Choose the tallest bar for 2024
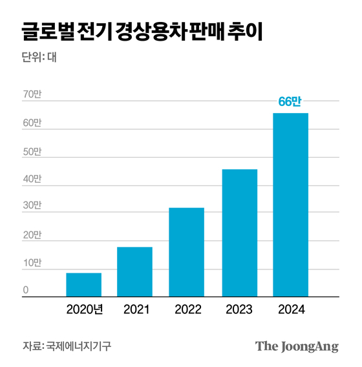tap(290, 204)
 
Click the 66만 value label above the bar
tap(290, 101)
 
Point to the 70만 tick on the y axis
tap(32, 95)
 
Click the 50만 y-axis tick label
tap(32, 152)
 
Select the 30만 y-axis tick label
tap(32, 206)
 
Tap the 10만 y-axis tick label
tap(32, 263)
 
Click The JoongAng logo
tap(297, 346)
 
